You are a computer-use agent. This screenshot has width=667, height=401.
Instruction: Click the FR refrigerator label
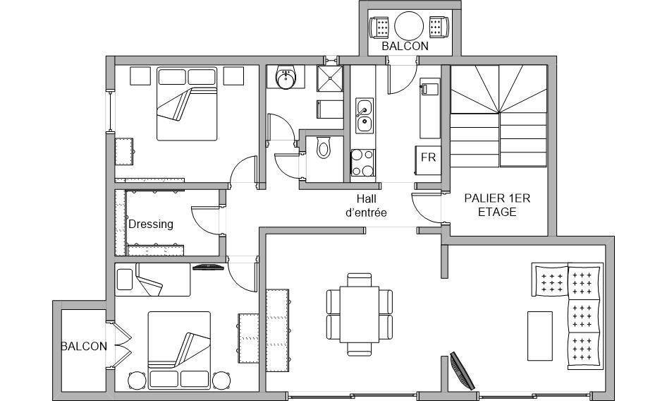[x=429, y=157]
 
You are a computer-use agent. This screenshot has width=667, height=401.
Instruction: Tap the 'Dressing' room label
[x=151, y=225]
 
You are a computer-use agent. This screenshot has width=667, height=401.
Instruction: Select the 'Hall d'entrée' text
[x=366, y=205]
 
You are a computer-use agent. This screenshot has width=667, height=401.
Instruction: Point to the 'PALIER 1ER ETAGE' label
[x=497, y=205]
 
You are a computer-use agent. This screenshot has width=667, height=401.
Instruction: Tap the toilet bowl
[x=324, y=148]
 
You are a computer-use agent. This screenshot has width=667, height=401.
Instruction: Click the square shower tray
[x=330, y=78]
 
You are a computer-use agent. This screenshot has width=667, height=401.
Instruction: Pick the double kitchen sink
[x=365, y=116]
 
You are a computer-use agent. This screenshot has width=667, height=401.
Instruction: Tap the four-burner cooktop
[x=363, y=162]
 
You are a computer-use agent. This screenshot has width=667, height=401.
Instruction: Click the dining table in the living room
[x=360, y=314]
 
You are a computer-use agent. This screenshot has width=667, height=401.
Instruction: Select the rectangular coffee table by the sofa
[x=540, y=336]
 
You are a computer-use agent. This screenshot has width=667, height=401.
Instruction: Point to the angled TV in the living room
[x=463, y=371]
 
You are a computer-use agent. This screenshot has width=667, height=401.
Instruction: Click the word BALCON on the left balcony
[x=84, y=347]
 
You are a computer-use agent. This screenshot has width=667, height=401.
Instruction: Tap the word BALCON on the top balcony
[x=405, y=46]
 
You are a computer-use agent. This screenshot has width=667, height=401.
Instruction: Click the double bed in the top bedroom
[x=187, y=104]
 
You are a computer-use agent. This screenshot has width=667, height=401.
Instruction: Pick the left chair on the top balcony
[x=379, y=27]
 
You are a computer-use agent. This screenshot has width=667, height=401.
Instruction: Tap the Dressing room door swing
[x=205, y=220]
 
